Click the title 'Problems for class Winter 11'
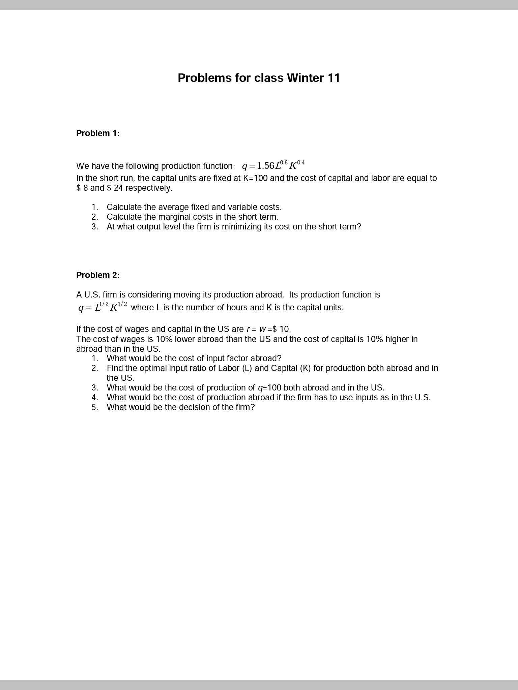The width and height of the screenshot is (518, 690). click(x=259, y=78)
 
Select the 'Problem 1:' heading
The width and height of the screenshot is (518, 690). click(x=98, y=133)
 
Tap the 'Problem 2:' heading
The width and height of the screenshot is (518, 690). click(x=98, y=275)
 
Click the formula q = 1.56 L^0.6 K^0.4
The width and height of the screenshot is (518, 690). click(x=273, y=165)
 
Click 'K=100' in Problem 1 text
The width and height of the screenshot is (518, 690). click(x=255, y=178)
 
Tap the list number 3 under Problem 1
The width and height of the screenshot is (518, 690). click(x=95, y=227)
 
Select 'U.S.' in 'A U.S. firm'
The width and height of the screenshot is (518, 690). click(x=92, y=295)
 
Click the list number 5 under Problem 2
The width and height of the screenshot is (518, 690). click(x=95, y=407)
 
